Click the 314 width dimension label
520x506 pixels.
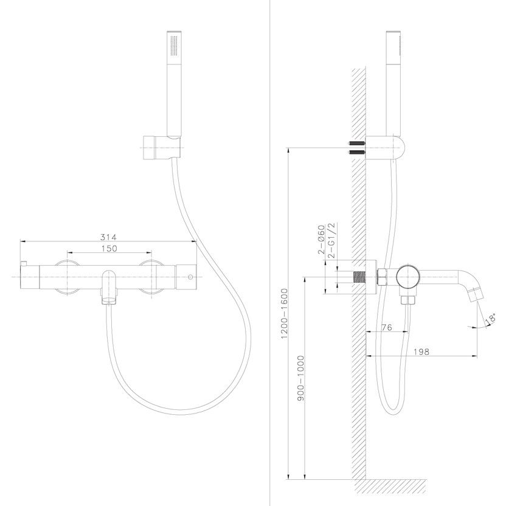(x=108, y=237)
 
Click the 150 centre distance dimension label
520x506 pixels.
(x=109, y=248)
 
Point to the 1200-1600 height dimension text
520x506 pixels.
(x=285, y=314)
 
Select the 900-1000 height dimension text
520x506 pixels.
(x=301, y=378)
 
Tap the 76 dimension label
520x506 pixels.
(x=387, y=328)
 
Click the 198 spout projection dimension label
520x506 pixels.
(x=421, y=352)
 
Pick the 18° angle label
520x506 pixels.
(x=491, y=318)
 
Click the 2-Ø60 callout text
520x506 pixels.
(x=321, y=240)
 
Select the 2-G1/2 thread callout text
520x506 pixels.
(x=331, y=240)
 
